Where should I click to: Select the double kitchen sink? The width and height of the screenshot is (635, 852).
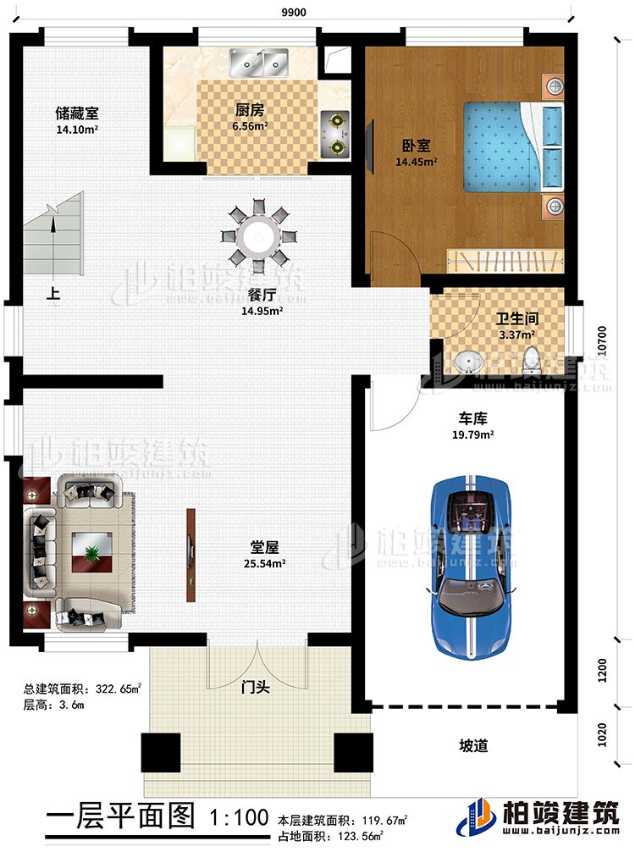[258, 62]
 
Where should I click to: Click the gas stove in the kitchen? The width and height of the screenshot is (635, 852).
[336, 134]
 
